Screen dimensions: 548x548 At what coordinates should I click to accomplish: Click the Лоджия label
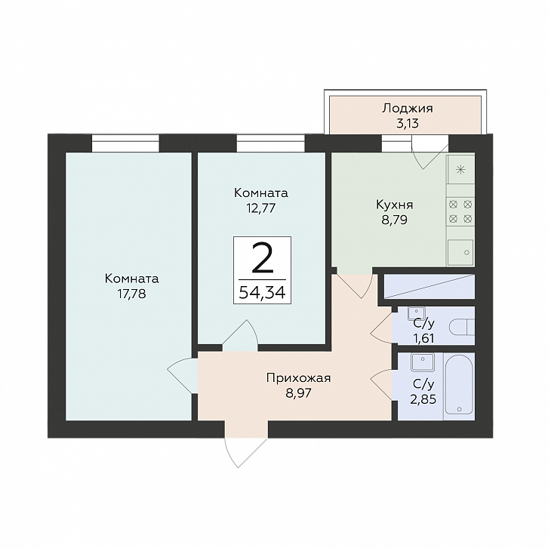pyautogui.click(x=407, y=109)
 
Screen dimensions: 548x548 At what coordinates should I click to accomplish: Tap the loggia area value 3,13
pyautogui.click(x=408, y=124)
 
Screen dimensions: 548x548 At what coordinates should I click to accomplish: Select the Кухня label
pyautogui.click(x=395, y=205)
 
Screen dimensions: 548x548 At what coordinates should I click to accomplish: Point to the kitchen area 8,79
pyautogui.click(x=395, y=220)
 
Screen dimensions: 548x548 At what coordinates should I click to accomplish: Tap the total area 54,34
pyautogui.click(x=263, y=292)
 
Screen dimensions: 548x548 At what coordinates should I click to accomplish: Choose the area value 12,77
pyautogui.click(x=261, y=208)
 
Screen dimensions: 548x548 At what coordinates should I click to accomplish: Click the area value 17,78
pyautogui.click(x=132, y=294)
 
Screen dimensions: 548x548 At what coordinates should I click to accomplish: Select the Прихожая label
pyautogui.click(x=298, y=378)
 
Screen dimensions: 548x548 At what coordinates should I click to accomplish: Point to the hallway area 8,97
pyautogui.click(x=298, y=393)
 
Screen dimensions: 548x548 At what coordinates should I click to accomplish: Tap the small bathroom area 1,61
pyautogui.click(x=423, y=338)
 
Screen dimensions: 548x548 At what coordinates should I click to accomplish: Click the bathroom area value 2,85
pyautogui.click(x=423, y=399)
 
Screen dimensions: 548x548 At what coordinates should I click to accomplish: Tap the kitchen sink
pyautogui.click(x=460, y=252)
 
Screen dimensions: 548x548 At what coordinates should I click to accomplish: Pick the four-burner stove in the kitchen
pyautogui.click(x=460, y=211)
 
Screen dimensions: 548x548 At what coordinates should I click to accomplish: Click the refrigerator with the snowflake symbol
pyautogui.click(x=460, y=170)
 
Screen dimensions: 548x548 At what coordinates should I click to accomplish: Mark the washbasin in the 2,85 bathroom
pyautogui.click(x=423, y=362)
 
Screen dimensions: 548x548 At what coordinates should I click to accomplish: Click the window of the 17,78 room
pyautogui.click(x=125, y=143)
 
